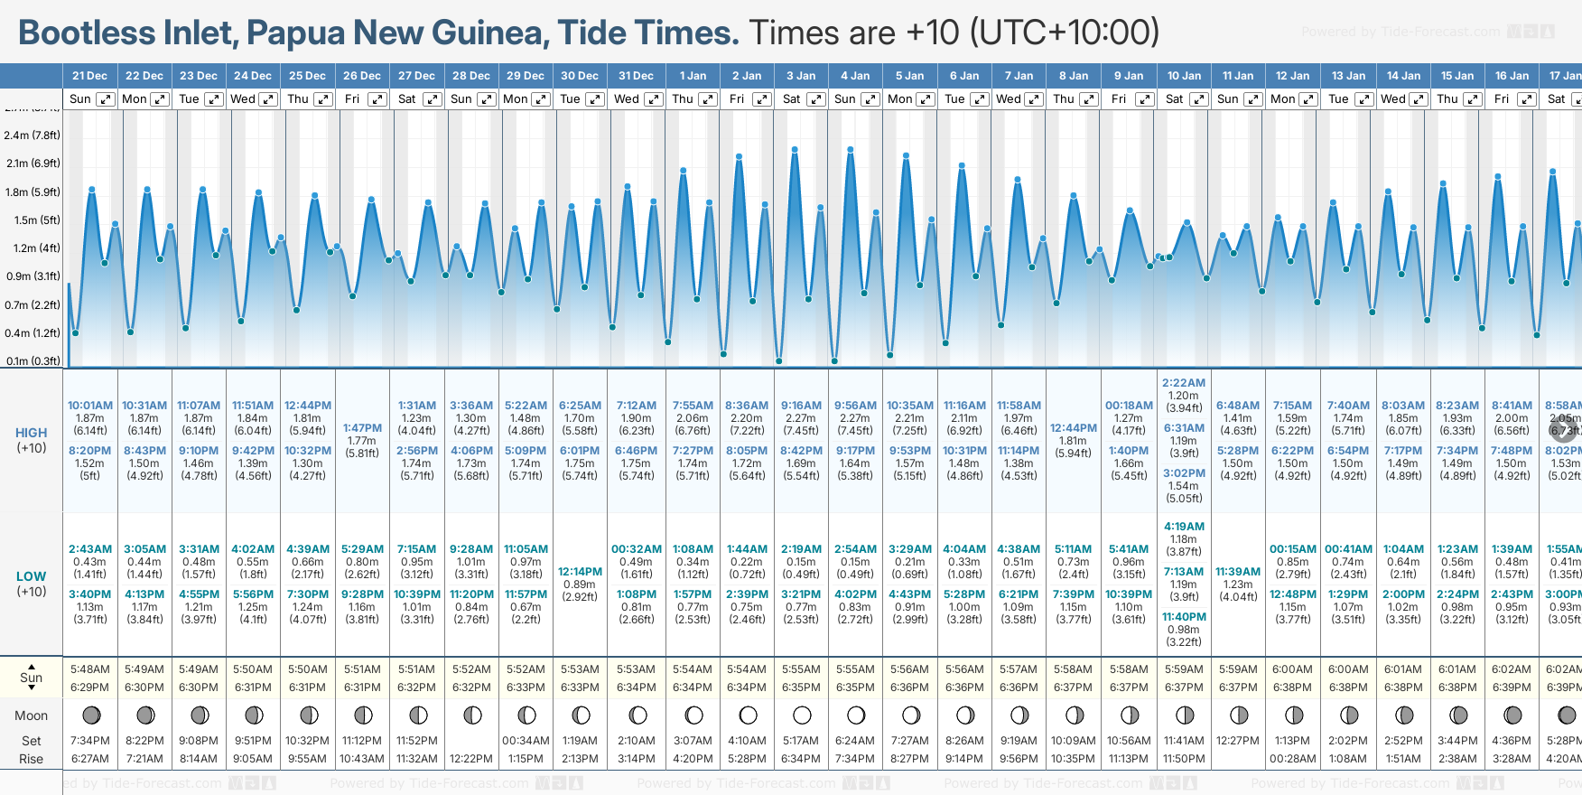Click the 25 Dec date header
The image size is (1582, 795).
point(307,76)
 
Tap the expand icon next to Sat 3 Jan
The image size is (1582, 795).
point(815,99)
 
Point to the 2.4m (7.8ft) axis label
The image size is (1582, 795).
point(32,136)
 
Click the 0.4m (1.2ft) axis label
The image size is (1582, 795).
point(32,333)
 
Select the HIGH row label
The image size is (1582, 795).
point(32,433)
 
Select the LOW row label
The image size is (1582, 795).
point(32,576)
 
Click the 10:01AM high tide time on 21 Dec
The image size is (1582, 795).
point(90,406)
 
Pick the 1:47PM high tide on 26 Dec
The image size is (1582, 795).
point(362,428)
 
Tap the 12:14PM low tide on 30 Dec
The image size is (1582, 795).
point(580,572)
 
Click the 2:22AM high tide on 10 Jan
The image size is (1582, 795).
point(1184,383)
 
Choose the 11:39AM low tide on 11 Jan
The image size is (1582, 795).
point(1238,572)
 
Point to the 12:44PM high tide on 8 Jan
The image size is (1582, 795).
point(1074,428)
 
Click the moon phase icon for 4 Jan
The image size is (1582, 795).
point(856,715)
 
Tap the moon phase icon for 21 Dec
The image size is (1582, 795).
point(91,715)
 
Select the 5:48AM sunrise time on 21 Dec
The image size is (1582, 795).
point(90,669)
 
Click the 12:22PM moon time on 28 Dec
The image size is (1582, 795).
point(471,759)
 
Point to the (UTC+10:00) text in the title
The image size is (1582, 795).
point(1065,33)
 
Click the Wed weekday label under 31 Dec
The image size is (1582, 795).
point(626,99)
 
